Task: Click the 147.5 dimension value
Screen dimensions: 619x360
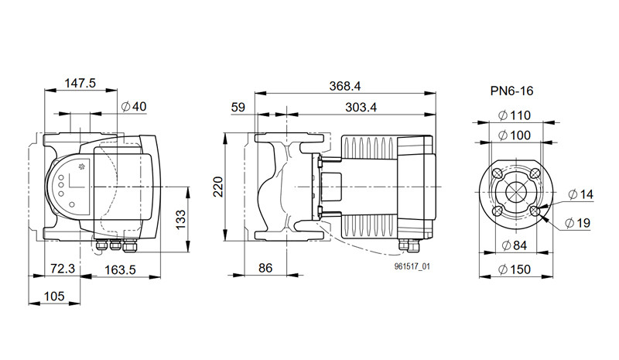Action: (x=80, y=83)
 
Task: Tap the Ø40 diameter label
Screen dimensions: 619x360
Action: (x=134, y=106)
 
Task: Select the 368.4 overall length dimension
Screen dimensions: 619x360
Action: (x=345, y=86)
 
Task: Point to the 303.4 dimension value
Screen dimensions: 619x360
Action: (x=361, y=107)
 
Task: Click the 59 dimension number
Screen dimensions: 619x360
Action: (x=238, y=107)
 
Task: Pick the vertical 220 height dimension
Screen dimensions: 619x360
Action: (x=218, y=187)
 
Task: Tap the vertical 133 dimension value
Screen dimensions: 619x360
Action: (x=180, y=220)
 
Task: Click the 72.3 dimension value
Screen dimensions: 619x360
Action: (x=63, y=269)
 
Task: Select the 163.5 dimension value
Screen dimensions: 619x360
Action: (x=120, y=270)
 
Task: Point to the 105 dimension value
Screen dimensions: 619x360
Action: (x=54, y=296)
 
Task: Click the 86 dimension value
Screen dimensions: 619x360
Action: (x=265, y=269)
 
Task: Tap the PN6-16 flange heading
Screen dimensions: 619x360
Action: (x=511, y=91)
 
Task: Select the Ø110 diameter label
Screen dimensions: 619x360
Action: (x=515, y=116)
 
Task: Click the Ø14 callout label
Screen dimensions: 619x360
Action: (x=581, y=194)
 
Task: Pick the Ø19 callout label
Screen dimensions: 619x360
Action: (x=577, y=223)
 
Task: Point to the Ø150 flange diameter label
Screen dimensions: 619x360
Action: (x=515, y=270)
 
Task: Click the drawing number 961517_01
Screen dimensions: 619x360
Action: (x=412, y=267)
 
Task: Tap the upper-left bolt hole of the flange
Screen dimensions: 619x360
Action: (x=497, y=173)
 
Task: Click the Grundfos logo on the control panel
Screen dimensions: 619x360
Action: (x=83, y=166)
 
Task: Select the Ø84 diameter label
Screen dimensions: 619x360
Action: (x=515, y=245)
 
